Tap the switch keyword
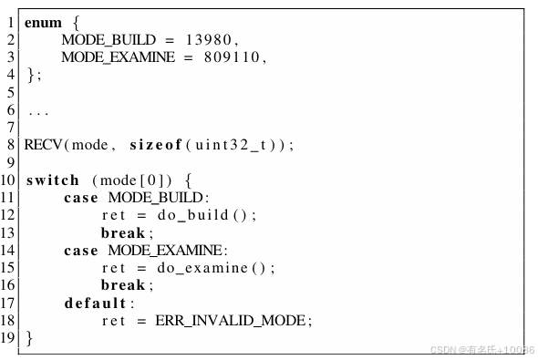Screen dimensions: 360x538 (53, 180)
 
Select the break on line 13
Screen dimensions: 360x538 (122, 232)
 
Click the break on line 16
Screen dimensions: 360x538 (122, 285)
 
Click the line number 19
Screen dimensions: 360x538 (10, 337)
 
